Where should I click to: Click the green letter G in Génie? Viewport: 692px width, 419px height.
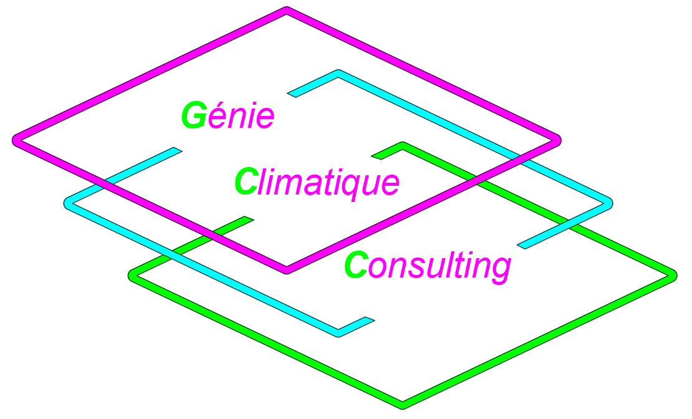194,115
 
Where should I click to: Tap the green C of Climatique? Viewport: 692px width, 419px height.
246,181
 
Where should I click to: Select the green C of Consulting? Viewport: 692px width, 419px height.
356,265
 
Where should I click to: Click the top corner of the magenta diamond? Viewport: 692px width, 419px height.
287,10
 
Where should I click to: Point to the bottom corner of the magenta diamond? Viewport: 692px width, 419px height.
287,271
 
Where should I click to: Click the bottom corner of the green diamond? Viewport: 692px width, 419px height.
403,405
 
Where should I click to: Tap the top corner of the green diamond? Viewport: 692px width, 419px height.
403,145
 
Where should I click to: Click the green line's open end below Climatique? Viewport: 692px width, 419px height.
249,218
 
